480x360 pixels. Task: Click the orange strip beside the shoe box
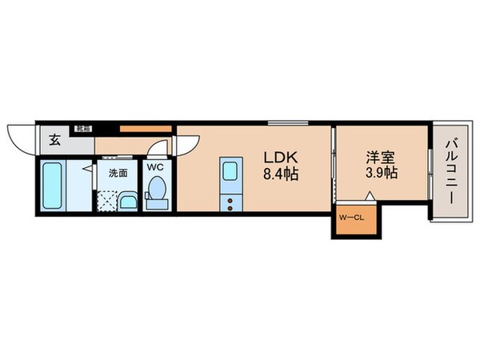(145, 128)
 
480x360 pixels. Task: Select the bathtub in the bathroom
(53, 186)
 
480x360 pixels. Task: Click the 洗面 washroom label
(118, 172)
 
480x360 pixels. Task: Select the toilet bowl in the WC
(157, 192)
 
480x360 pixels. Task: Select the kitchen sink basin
(229, 171)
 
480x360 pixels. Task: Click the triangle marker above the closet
(369, 195)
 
